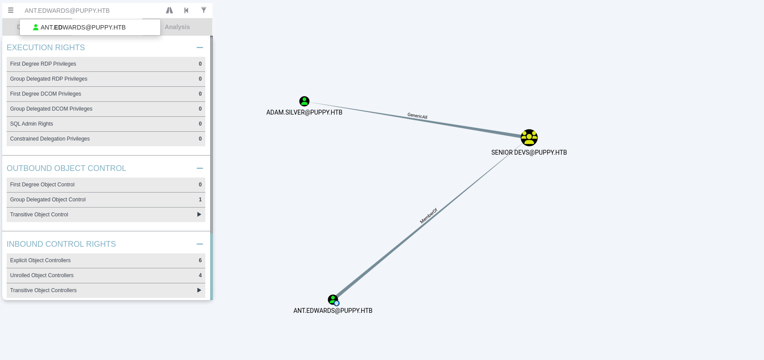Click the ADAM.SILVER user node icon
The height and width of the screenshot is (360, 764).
tap(304, 101)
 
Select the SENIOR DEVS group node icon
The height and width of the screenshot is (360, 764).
tap(529, 138)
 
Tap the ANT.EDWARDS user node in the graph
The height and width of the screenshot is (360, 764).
tap(333, 300)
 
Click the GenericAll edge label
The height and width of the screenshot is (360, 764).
tap(417, 116)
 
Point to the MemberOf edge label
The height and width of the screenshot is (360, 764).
tap(428, 216)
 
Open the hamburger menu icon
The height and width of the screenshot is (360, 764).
tap(11, 10)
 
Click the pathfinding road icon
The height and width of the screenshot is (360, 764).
tap(169, 10)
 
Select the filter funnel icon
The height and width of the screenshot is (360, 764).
tap(204, 10)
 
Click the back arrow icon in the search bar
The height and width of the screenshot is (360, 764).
tap(186, 10)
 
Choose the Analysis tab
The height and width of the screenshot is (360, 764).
tap(177, 27)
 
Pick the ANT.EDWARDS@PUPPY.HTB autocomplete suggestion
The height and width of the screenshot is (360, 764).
tap(83, 27)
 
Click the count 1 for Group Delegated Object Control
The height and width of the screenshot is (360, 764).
tap(200, 200)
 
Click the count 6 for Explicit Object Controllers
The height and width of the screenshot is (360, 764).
tap(200, 260)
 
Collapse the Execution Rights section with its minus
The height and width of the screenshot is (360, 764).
tap(200, 48)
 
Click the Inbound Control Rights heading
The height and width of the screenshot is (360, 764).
tap(61, 244)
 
